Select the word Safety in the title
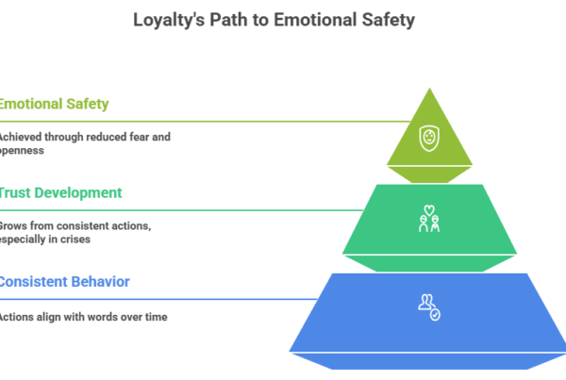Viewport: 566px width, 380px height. pyautogui.click(x=389, y=19)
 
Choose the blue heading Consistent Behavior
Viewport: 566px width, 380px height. pyautogui.click(x=65, y=281)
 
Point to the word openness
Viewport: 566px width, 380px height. pyautogui.click(x=24, y=151)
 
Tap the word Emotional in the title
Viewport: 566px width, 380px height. pyautogui.click(x=311, y=19)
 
